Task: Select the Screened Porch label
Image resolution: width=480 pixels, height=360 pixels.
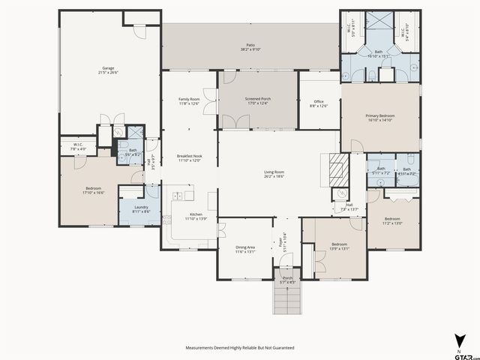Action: (x=257, y=101)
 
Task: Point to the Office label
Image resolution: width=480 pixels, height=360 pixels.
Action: (x=318, y=103)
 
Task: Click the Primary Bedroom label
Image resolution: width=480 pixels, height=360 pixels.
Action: (x=379, y=118)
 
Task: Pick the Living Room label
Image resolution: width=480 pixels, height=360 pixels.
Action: (x=274, y=174)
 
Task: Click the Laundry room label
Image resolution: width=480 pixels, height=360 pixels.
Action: (x=141, y=209)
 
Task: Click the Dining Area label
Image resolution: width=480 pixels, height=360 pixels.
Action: (x=245, y=250)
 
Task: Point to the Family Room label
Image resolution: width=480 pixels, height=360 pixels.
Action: (x=189, y=101)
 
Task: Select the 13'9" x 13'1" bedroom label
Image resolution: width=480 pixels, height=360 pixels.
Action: (x=339, y=246)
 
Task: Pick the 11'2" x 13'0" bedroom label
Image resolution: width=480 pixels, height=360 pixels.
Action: (x=392, y=221)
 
